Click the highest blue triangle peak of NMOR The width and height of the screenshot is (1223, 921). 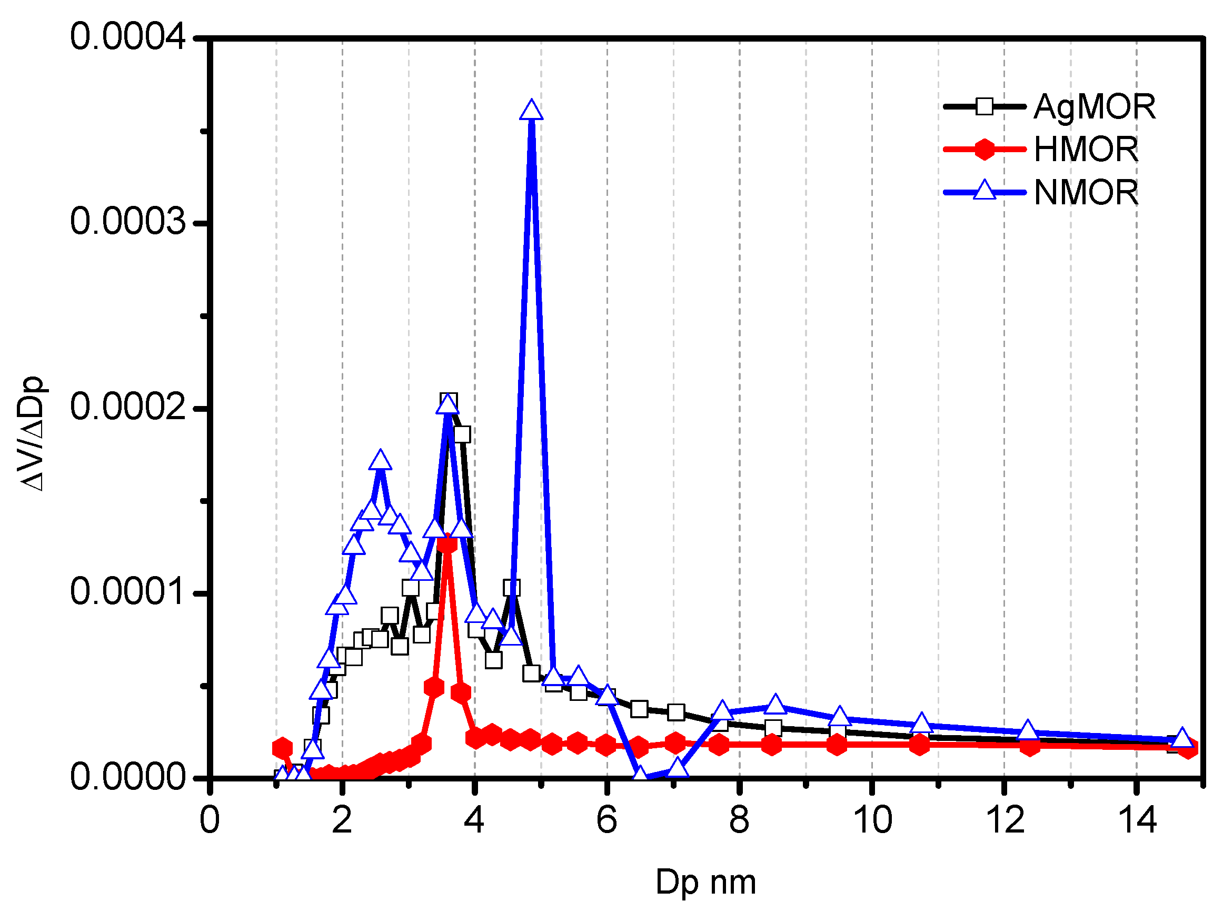click(x=531, y=111)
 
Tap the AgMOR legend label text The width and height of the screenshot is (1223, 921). click(x=1095, y=106)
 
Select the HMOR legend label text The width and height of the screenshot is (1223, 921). click(x=1086, y=150)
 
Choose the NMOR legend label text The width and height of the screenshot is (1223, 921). click(x=1086, y=193)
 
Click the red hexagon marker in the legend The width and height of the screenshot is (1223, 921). click(x=984, y=150)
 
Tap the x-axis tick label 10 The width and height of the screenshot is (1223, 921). click(x=872, y=820)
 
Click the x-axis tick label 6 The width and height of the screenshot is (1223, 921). click(x=606, y=820)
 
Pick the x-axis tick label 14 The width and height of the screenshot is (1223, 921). click(x=1137, y=820)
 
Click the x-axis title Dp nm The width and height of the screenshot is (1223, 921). click(x=705, y=882)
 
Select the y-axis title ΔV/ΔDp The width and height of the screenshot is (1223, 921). click(x=32, y=434)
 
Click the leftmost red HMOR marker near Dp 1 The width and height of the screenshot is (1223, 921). click(x=283, y=748)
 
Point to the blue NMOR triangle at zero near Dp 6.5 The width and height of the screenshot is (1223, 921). click(x=641, y=774)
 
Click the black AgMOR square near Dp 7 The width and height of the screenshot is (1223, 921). click(x=675, y=712)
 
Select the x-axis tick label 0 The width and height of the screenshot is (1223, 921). click(x=210, y=820)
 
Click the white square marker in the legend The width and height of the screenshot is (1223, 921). click(x=984, y=106)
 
